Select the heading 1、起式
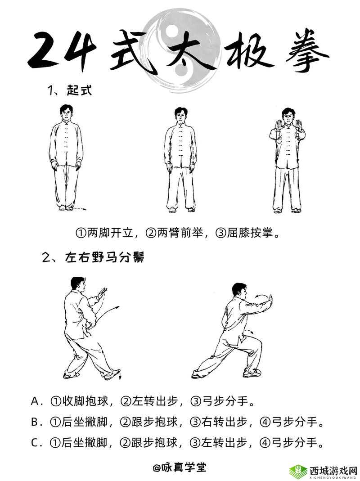pyautogui.click(x=69, y=90)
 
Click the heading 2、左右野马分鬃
pyautogui.click(x=93, y=258)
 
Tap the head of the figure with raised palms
pyautogui.click(x=287, y=115)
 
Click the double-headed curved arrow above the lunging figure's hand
pyautogui.click(x=260, y=296)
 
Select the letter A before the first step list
pyautogui.click(x=36, y=401)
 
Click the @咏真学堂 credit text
pyautogui.click(x=180, y=468)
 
